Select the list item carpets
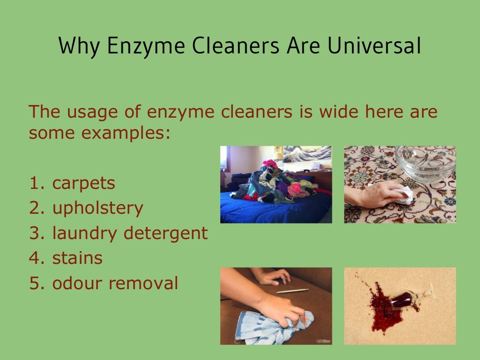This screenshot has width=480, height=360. [x=83, y=183]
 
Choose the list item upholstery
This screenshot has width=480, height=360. [x=97, y=208]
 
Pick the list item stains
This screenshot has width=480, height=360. [x=77, y=258]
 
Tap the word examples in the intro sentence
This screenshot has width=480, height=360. [x=125, y=133]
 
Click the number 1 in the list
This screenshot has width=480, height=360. [x=34, y=183]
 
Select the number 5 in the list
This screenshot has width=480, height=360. [x=34, y=283]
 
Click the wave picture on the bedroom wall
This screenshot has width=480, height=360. [x=307, y=154]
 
